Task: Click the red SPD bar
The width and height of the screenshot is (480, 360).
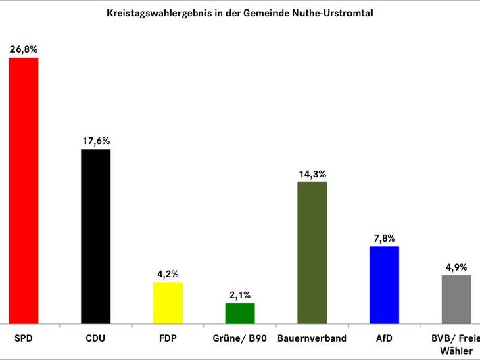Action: coord(24,191)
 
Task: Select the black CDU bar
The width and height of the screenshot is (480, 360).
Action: coord(96,237)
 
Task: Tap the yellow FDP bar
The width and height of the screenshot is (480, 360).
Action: coord(168,303)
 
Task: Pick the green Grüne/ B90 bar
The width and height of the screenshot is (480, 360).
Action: coord(240,313)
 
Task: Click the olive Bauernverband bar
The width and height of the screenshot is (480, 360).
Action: coord(312,253)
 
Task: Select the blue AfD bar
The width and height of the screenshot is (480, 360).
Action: coord(385,285)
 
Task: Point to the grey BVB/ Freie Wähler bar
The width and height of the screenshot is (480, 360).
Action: coord(456,300)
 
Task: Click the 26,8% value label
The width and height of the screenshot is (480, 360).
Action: coord(24,49)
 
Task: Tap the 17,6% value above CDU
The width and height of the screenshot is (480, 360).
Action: coord(96,141)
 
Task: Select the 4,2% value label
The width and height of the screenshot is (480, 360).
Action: coord(168,274)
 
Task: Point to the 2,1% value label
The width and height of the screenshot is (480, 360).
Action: coord(240,295)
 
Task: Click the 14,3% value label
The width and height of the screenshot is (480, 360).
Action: coord(312,174)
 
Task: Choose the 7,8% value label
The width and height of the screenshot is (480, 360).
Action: coord(385,238)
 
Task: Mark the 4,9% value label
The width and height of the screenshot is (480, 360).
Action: coord(456,267)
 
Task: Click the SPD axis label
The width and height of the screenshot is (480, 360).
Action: coord(24,338)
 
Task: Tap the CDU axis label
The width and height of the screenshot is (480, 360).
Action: coord(95,338)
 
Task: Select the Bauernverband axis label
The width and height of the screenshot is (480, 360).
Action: coord(312,338)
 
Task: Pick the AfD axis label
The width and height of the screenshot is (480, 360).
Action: coord(384,338)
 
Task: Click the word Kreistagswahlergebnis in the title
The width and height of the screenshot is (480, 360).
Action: coord(159,13)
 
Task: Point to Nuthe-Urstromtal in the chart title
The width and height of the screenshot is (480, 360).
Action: coord(333,13)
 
